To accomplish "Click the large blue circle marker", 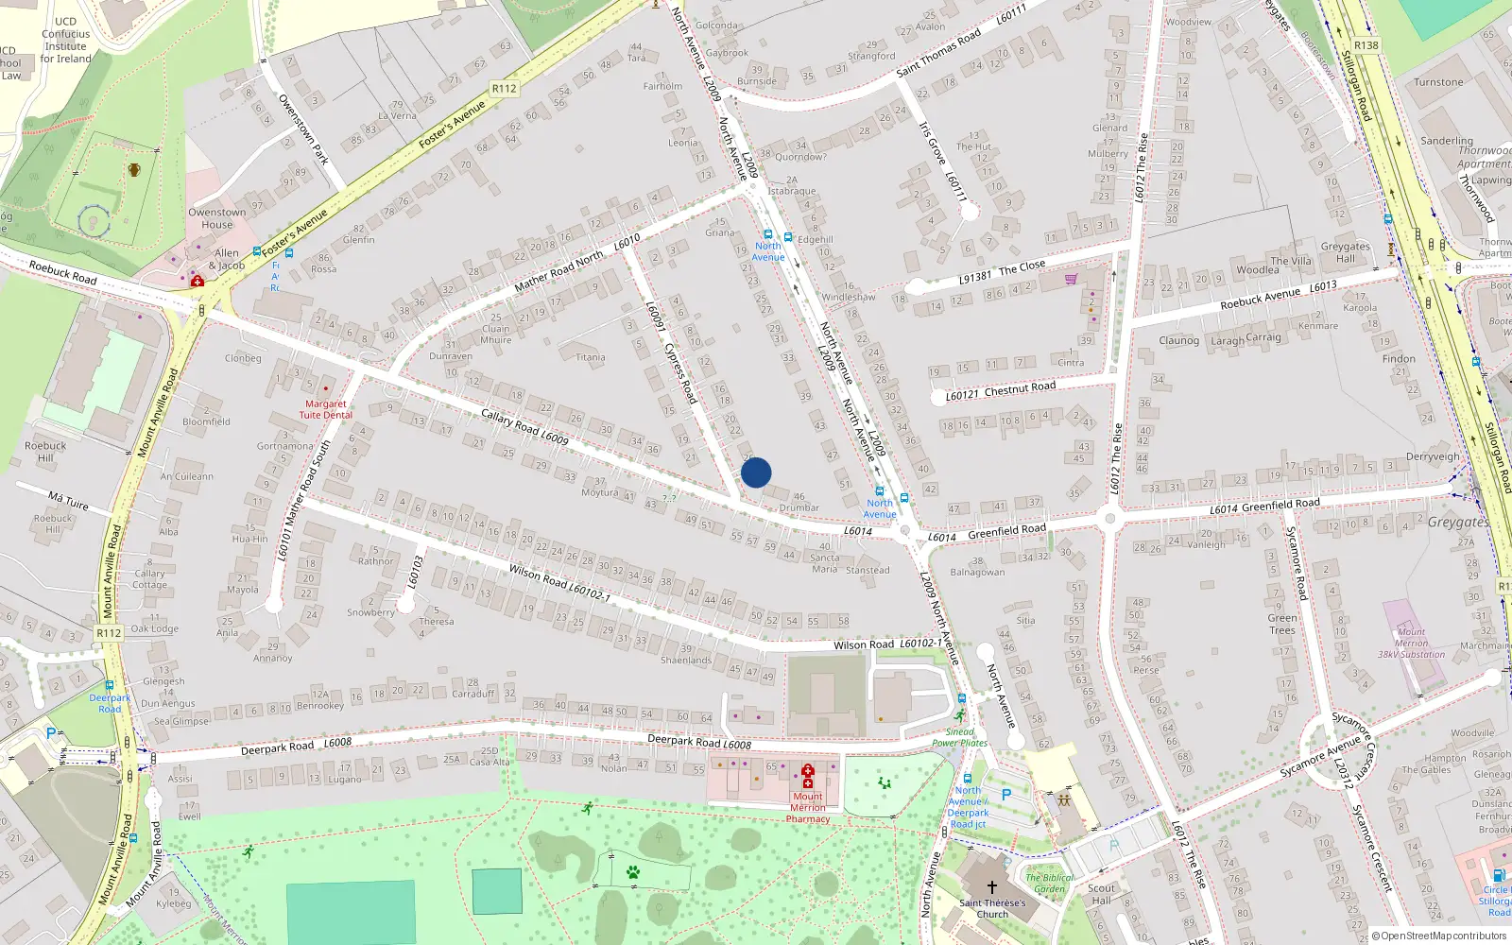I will coord(756,472).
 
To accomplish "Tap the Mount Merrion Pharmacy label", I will coord(808,807).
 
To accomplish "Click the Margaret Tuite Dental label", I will coord(326,409).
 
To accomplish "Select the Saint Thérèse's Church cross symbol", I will coord(992,887).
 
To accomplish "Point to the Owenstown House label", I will coord(216,218).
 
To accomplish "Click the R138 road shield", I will coord(1366,45).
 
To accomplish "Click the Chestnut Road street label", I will coord(1020,388).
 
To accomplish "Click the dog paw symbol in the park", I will coord(633,871).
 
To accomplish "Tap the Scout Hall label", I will coord(1102,894).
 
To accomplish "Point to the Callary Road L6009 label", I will coord(524,426).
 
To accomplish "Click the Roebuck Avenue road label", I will coord(1260,299).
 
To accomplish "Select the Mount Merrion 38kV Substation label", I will coord(1411,643).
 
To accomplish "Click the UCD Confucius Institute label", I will coord(65,40).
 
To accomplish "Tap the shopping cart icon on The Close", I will coord(1071,279).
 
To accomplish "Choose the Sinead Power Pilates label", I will coord(959,737).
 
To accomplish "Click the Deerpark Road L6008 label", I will coord(698,742).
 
